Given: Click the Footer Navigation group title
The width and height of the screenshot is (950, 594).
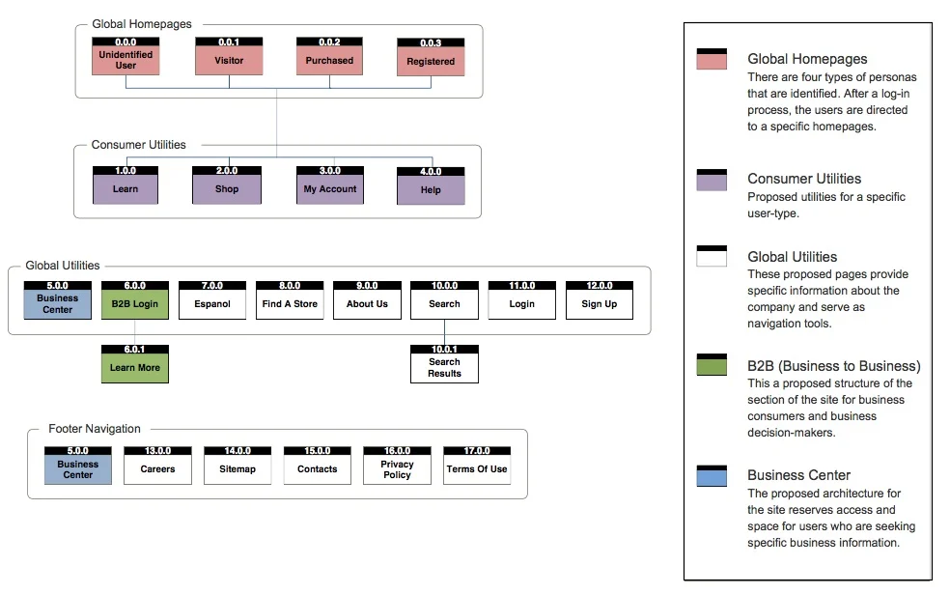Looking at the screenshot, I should pos(95,429).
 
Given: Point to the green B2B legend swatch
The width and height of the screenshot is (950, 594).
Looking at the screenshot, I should pos(712,365).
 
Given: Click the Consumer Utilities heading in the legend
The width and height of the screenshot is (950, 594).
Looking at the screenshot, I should pos(804,179).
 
